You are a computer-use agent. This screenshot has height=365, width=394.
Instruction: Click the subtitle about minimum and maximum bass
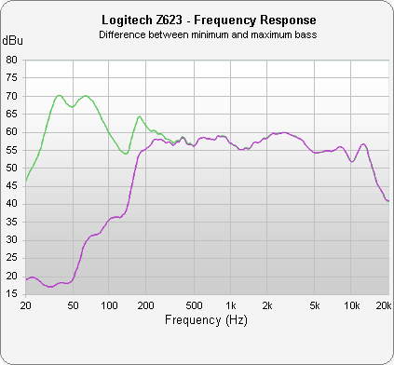coord(197,34)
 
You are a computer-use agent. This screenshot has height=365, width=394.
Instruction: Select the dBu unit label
coord(12,41)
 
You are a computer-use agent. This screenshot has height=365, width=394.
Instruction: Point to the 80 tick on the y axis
coord(12,60)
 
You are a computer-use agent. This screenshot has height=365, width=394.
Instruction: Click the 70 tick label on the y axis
coord(12,96)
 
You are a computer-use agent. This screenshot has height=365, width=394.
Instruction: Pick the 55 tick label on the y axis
coord(12,150)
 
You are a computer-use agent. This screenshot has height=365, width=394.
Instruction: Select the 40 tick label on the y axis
coord(12,204)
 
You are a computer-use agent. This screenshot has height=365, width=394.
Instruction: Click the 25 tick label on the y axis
coord(12,258)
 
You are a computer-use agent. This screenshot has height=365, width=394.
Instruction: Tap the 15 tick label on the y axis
coord(12,294)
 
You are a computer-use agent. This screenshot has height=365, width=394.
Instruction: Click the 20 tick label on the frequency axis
coord(25,304)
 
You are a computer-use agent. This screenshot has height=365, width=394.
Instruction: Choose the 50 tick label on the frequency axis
coord(74,304)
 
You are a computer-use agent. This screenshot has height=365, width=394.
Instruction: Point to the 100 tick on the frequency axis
coord(110,304)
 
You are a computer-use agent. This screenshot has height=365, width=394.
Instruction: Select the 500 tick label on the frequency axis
coord(194,304)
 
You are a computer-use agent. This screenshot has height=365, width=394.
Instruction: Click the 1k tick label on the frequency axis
coord(231,304)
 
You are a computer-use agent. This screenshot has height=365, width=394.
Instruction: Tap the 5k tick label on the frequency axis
coord(315,304)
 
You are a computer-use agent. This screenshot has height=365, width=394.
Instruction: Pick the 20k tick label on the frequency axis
coord(382,304)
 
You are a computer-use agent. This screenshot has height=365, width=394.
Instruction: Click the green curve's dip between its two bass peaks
coord(72,107)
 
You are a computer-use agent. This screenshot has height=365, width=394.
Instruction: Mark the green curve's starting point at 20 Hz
coord(26,181)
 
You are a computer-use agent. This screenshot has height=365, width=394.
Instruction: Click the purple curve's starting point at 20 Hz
coord(26,279)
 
